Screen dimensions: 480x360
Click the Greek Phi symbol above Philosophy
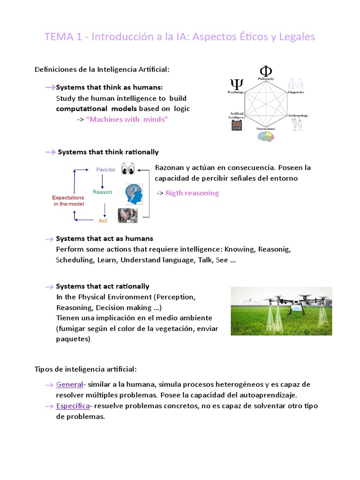click(266, 71)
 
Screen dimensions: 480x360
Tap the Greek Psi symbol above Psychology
click(236, 84)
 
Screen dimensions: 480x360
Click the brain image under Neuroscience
click(265, 136)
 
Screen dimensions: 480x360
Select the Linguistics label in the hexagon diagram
click(296, 92)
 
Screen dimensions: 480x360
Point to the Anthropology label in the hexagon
click(297, 115)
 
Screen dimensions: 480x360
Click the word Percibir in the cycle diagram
click(106, 169)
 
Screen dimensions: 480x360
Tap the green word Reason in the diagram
click(102, 192)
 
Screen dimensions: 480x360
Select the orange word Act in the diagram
click(103, 220)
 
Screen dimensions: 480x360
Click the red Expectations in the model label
click(68, 201)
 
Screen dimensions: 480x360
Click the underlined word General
click(69, 384)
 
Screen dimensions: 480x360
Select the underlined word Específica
click(73, 406)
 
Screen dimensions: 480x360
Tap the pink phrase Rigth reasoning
click(192, 193)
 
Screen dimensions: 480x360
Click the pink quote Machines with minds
click(127, 120)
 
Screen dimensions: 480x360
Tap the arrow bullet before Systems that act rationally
click(49, 286)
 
